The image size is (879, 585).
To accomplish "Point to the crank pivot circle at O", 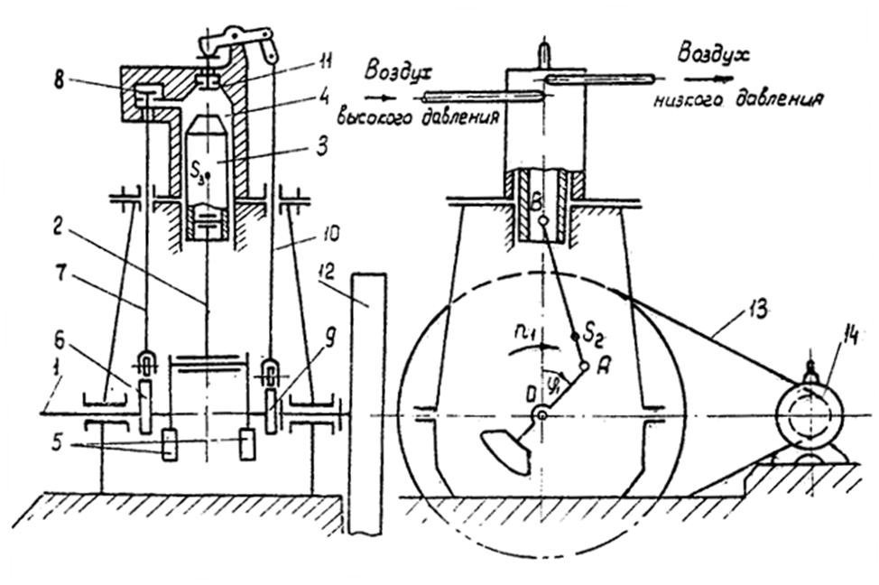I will click(541, 413).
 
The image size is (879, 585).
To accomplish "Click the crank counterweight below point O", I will click(504, 451).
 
